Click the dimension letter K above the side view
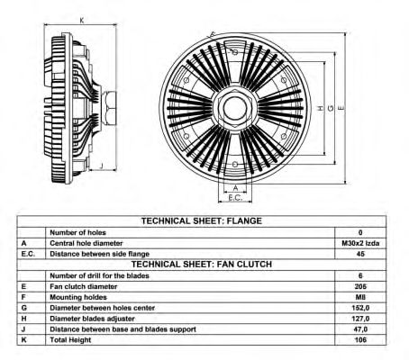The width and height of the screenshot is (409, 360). click(x=82, y=21)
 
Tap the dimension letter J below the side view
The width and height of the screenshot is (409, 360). click(x=102, y=165)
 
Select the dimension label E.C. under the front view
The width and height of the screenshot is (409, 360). click(x=235, y=198)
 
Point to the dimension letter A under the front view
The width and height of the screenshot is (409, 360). click(x=236, y=188)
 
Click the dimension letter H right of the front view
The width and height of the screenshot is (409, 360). click(x=321, y=108)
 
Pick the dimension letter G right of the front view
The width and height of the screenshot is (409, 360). click(x=331, y=108)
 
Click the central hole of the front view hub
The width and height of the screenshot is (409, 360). click(x=235, y=108)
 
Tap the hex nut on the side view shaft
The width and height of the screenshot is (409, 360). click(x=110, y=108)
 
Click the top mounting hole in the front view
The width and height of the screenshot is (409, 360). click(x=235, y=52)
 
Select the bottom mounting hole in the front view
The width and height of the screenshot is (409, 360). click(x=235, y=165)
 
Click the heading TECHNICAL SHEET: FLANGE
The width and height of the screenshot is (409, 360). click(x=202, y=221)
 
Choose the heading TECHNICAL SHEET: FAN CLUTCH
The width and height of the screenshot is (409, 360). click(x=202, y=265)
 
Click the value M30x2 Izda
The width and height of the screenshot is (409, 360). click(x=360, y=243)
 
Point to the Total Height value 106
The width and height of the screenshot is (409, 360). click(x=360, y=340)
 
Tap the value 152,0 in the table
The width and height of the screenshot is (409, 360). click(x=360, y=308)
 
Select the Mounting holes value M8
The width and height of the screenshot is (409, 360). click(x=360, y=297)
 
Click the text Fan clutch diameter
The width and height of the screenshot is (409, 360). click(x=84, y=286)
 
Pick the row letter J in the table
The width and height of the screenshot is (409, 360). click(x=23, y=329)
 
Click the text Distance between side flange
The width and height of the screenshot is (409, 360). click(x=99, y=254)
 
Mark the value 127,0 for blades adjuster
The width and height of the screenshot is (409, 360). click(x=360, y=319)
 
